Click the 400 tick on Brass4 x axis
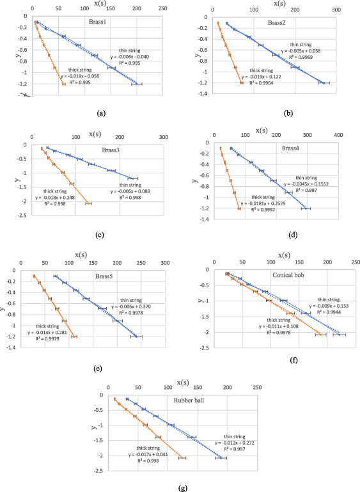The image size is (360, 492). tap(338, 135)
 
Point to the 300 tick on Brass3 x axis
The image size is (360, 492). tap(163, 136)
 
